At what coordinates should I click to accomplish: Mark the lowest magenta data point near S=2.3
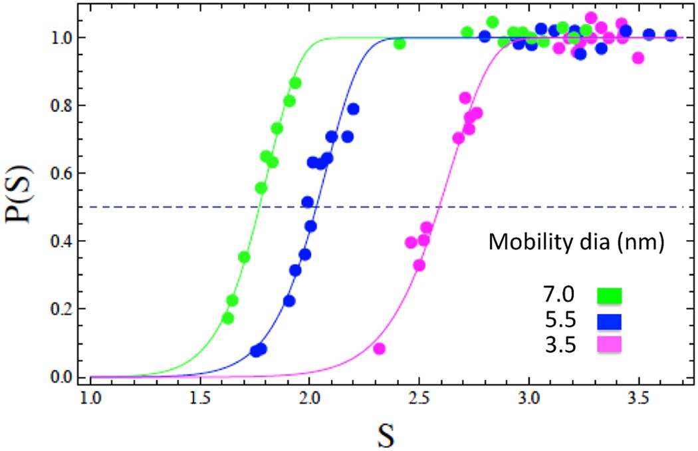tap(380, 349)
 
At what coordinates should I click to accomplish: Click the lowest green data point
tap(228, 318)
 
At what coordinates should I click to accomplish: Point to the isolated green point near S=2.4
tap(400, 44)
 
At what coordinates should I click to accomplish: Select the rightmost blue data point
tap(671, 35)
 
